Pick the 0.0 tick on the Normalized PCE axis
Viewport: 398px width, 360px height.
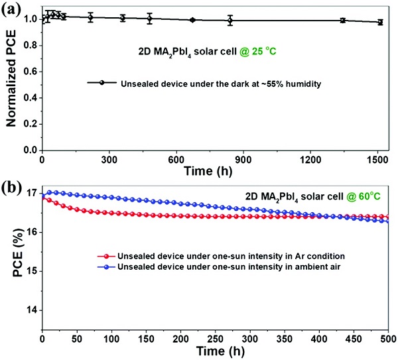pyautogui.click(x=30, y=150)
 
